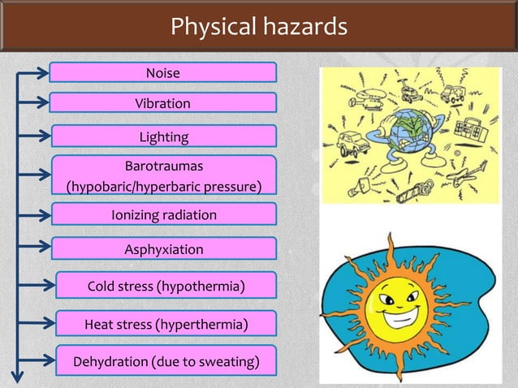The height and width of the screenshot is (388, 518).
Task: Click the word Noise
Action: coord(162,73)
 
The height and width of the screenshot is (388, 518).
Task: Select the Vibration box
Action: coord(162,103)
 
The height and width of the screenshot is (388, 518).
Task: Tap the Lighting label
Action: coord(163,136)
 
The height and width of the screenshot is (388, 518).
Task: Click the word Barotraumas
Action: coord(163,166)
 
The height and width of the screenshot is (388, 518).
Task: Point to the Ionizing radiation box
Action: coord(163,215)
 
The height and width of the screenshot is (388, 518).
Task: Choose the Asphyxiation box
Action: coord(163,248)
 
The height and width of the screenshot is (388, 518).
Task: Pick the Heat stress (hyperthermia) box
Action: coord(166,325)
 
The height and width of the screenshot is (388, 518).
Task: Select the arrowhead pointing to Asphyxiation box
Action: coord(44,248)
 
